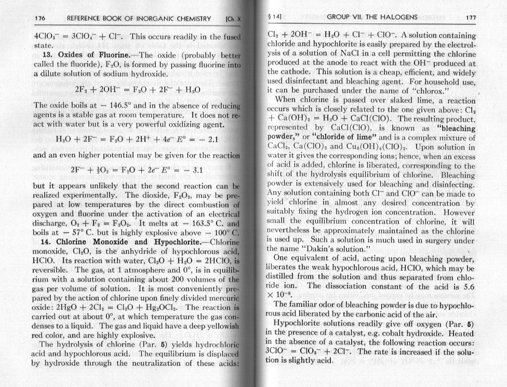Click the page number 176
pyautogui.click(x=39, y=19)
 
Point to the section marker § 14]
pyautogui.click(x=274, y=18)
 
